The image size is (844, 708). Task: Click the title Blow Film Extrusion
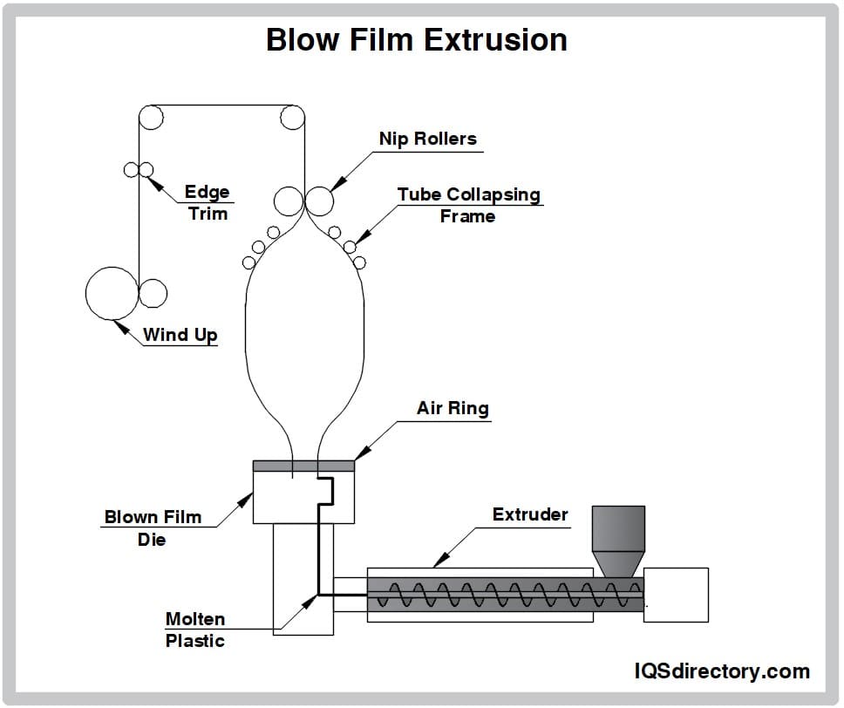coord(417,39)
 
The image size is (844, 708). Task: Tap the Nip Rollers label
coord(427,139)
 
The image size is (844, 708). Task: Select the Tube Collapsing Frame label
coord(468,205)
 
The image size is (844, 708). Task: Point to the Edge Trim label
coord(207,202)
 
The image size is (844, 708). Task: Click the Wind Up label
coord(180,334)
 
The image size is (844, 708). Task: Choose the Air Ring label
coord(453,408)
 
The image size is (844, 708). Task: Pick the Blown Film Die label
coord(153,528)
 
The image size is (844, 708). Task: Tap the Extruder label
coord(529,514)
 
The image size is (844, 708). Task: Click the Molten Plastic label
coord(195,630)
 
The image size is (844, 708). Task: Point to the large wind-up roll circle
coord(111,293)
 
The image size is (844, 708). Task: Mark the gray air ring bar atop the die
coord(303,466)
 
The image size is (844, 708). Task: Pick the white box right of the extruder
coord(676,595)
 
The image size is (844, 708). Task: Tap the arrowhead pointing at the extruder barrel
coord(438,560)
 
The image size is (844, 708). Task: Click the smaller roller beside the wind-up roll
coord(153,294)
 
